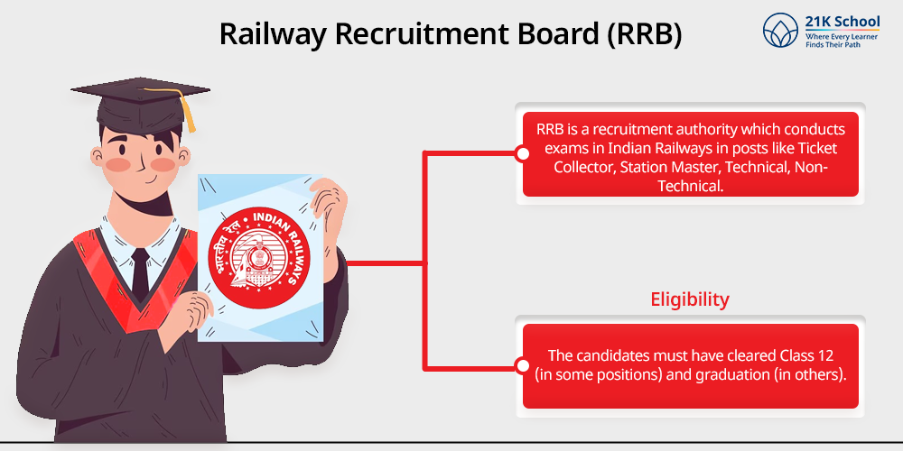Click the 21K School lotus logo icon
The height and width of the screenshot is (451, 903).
point(780,31)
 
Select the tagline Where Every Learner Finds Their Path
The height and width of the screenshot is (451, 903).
point(842,41)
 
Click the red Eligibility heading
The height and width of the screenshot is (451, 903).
point(690,299)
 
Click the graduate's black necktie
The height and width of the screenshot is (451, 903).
point(140,274)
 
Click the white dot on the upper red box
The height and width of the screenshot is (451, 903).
point(522,154)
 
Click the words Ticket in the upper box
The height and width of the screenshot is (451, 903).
point(817,148)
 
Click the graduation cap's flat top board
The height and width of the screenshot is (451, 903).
point(140,90)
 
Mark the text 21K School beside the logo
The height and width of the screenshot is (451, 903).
point(842,22)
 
